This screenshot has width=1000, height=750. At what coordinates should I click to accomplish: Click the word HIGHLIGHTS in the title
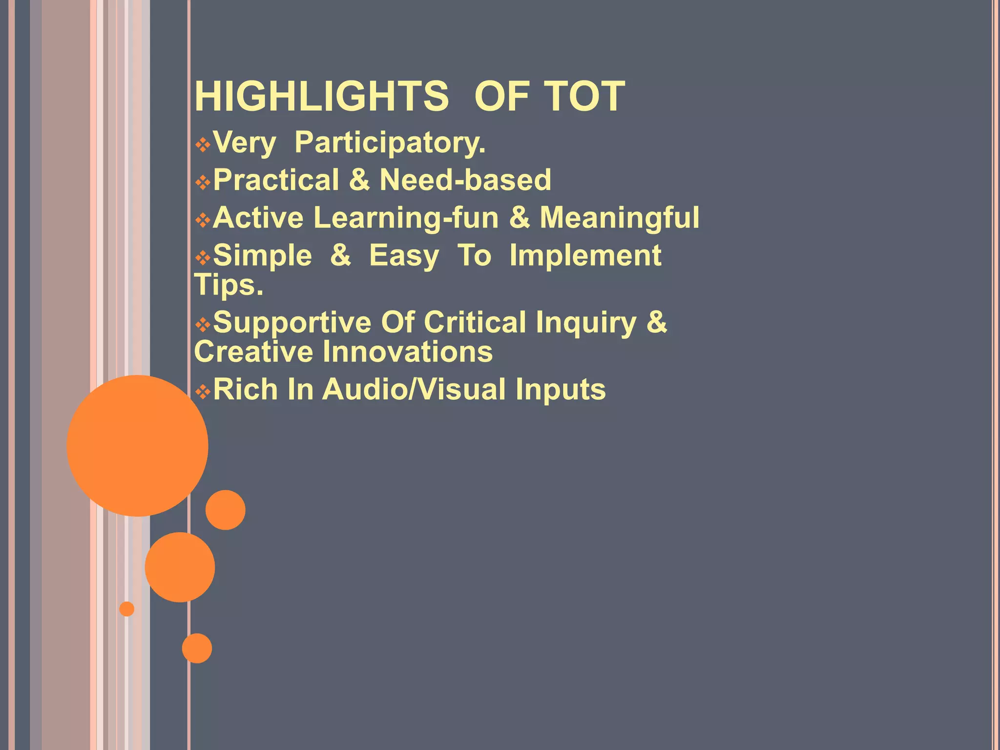pos(321,96)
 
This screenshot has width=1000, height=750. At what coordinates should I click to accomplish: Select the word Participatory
pos(390,143)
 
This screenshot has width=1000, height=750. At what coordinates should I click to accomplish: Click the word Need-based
pos(465,180)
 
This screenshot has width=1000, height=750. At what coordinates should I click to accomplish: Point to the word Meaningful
pos(619,217)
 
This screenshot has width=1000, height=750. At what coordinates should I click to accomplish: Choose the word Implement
pos(585,255)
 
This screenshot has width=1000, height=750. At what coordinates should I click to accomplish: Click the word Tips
pos(229,285)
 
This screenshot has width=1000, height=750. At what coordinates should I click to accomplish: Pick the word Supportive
pos(292,323)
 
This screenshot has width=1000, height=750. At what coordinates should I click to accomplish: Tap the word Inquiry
pos(586,323)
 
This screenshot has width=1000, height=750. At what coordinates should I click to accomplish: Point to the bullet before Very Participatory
pos(203,145)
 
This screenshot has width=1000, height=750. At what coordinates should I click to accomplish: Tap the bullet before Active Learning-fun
pos(203,220)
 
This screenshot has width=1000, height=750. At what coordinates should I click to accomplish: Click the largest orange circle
pos(137,445)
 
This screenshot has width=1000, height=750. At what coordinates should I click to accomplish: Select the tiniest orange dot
pos(126,609)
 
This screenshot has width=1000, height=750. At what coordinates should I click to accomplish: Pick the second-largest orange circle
pos(180,567)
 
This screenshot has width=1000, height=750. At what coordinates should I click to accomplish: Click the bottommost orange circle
pos(197,648)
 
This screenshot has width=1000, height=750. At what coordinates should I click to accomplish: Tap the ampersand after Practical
pos(359,180)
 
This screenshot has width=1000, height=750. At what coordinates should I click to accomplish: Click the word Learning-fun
pos(406,217)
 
